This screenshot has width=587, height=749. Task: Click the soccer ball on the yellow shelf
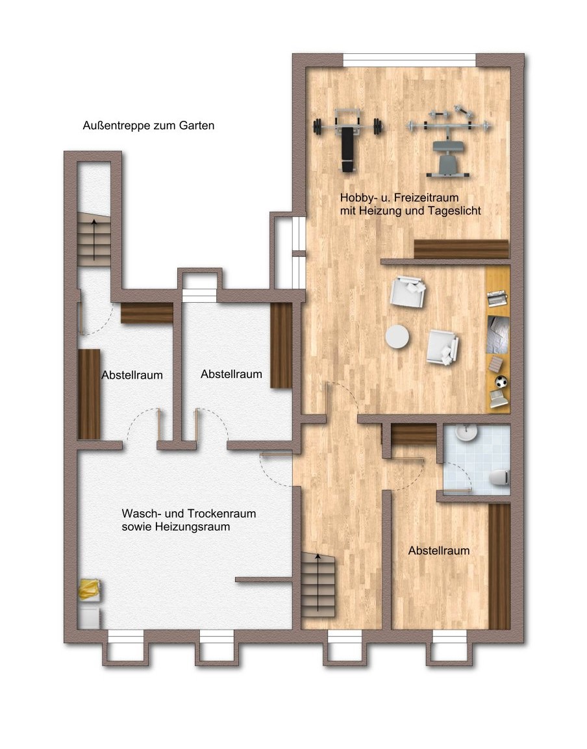[501, 382]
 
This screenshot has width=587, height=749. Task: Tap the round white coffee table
[397, 337]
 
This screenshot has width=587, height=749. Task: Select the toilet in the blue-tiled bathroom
[500, 477]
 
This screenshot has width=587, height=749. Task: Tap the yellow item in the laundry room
[90, 589]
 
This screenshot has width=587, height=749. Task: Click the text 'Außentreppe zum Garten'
[149, 125]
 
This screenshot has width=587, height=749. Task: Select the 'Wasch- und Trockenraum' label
[189, 513]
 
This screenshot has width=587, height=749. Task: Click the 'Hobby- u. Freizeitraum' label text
[399, 197]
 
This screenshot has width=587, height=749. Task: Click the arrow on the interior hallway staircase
[318, 582]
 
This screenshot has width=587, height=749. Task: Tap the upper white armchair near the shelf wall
[408, 292]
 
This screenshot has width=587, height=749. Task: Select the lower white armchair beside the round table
[443, 347]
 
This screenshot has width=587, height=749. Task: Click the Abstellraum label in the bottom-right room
[439, 551]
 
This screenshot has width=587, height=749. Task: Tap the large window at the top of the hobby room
[410, 60]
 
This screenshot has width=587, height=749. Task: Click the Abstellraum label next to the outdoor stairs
[132, 375]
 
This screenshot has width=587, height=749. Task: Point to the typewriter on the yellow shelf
[497, 299]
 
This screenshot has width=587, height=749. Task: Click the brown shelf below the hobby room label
[461, 249]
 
